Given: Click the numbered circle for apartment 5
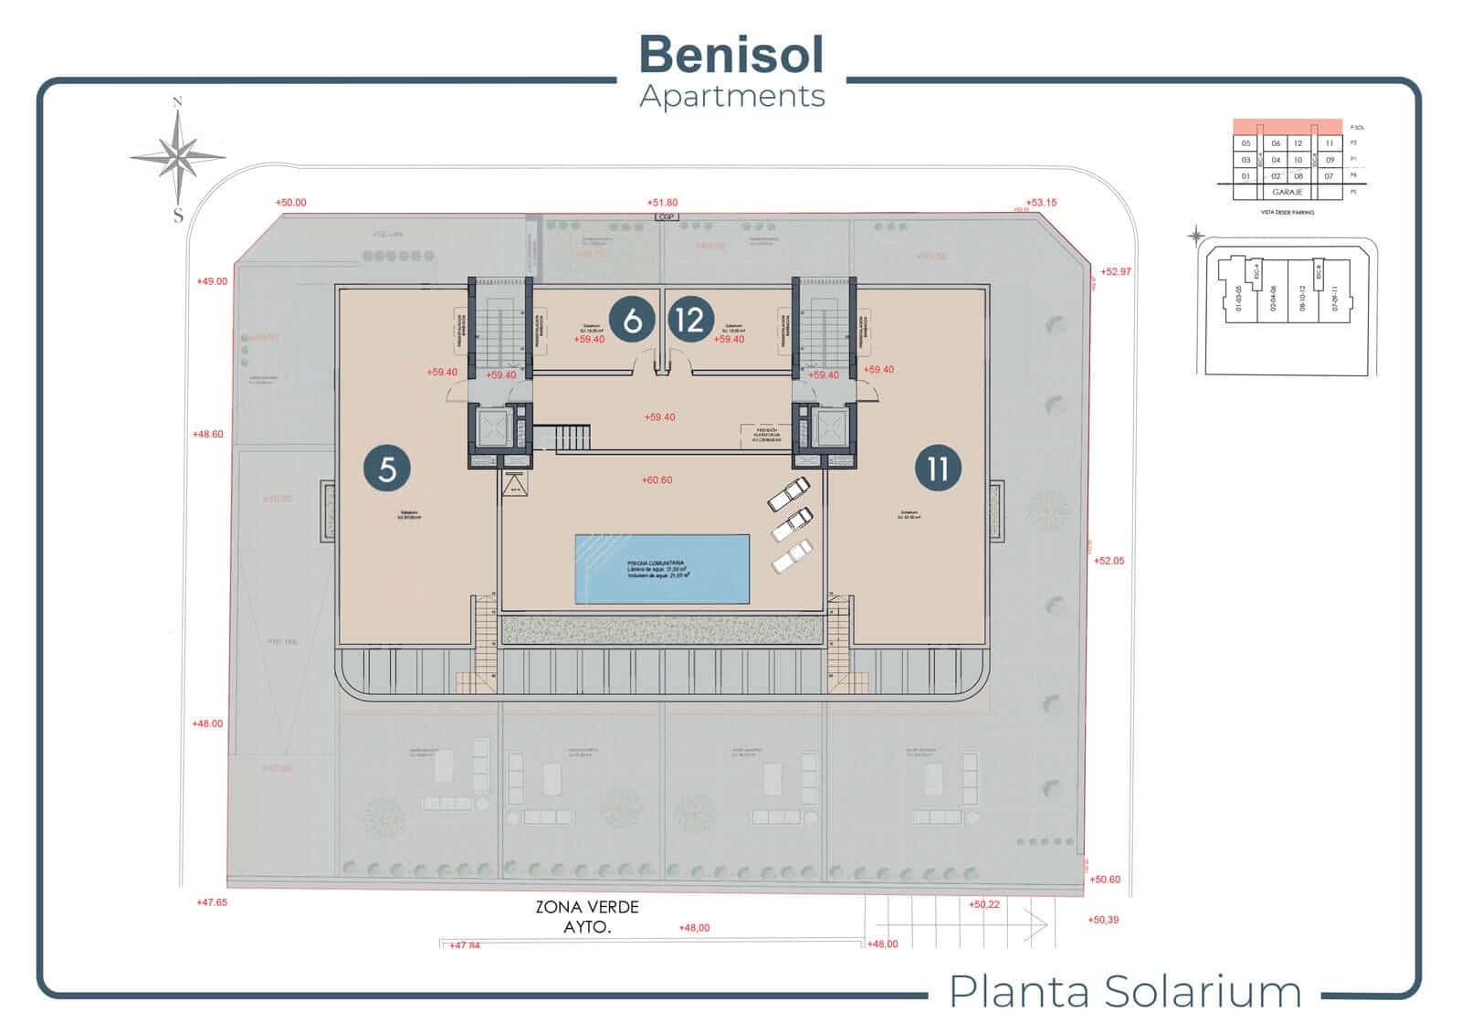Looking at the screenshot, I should click(387, 469).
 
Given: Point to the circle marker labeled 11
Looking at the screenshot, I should click(938, 469).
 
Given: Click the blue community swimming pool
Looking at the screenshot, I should click(662, 568).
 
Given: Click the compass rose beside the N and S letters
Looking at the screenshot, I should click(178, 157).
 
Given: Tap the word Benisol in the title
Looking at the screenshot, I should click(731, 54).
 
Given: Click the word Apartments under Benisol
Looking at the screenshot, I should click(732, 96).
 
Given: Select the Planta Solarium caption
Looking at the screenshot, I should click(1125, 991).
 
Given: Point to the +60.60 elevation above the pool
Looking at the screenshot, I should click(657, 480).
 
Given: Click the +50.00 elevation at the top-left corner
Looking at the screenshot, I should click(290, 203).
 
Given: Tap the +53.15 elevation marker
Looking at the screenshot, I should click(1041, 202).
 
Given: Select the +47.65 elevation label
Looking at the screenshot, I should click(211, 902).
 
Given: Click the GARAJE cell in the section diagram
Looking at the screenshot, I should click(1287, 193).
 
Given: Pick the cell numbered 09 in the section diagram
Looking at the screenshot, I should click(1330, 160).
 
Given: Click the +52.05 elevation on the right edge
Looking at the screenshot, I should click(1109, 561).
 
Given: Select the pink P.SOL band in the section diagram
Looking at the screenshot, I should click(1287, 127).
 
